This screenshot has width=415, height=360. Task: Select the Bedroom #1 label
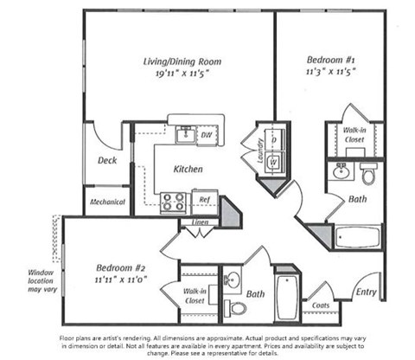coord(327,61)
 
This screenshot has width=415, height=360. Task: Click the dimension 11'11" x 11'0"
coord(118,280)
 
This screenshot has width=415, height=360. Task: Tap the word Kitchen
coord(188,170)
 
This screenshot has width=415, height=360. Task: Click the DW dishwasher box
coord(206,136)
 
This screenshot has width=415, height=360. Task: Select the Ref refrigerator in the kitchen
coord(204,197)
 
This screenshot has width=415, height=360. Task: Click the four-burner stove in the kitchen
coord(174,202)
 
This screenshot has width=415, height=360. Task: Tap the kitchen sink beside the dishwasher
coord(183,134)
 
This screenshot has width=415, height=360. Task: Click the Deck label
coord(106,160)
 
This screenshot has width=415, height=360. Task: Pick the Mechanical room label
coord(107,202)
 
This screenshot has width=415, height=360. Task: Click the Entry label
coord(367,292)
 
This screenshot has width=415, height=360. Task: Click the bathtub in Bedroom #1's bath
coord(356,236)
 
